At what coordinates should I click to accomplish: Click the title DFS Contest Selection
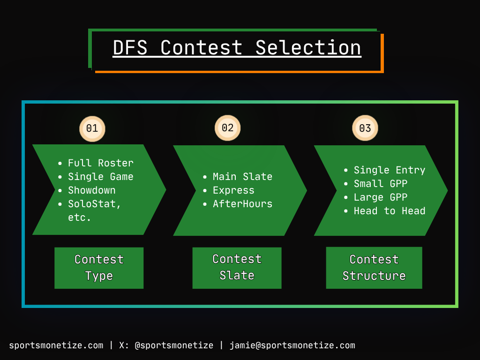237,48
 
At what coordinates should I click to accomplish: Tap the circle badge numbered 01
92,128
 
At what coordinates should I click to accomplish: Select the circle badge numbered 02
227,128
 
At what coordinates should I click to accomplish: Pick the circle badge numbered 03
365,128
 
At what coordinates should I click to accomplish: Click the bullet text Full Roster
100,163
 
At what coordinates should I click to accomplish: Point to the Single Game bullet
100,177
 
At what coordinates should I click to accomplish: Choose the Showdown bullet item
91,190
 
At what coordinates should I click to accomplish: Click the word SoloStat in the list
92,204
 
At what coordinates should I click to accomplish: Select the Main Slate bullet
242,177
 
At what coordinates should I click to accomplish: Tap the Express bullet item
233,190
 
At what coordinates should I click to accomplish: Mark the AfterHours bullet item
242,204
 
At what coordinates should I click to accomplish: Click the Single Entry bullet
389,170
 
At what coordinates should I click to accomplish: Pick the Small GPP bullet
380,184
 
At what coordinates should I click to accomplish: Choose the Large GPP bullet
380,197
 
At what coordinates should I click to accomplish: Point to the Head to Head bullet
389,211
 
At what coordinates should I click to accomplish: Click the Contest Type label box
99,268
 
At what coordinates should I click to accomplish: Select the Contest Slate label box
237,268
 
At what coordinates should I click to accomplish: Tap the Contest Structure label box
374,268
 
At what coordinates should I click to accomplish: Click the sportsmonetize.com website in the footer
56,345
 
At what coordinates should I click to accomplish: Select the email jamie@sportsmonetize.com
292,345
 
